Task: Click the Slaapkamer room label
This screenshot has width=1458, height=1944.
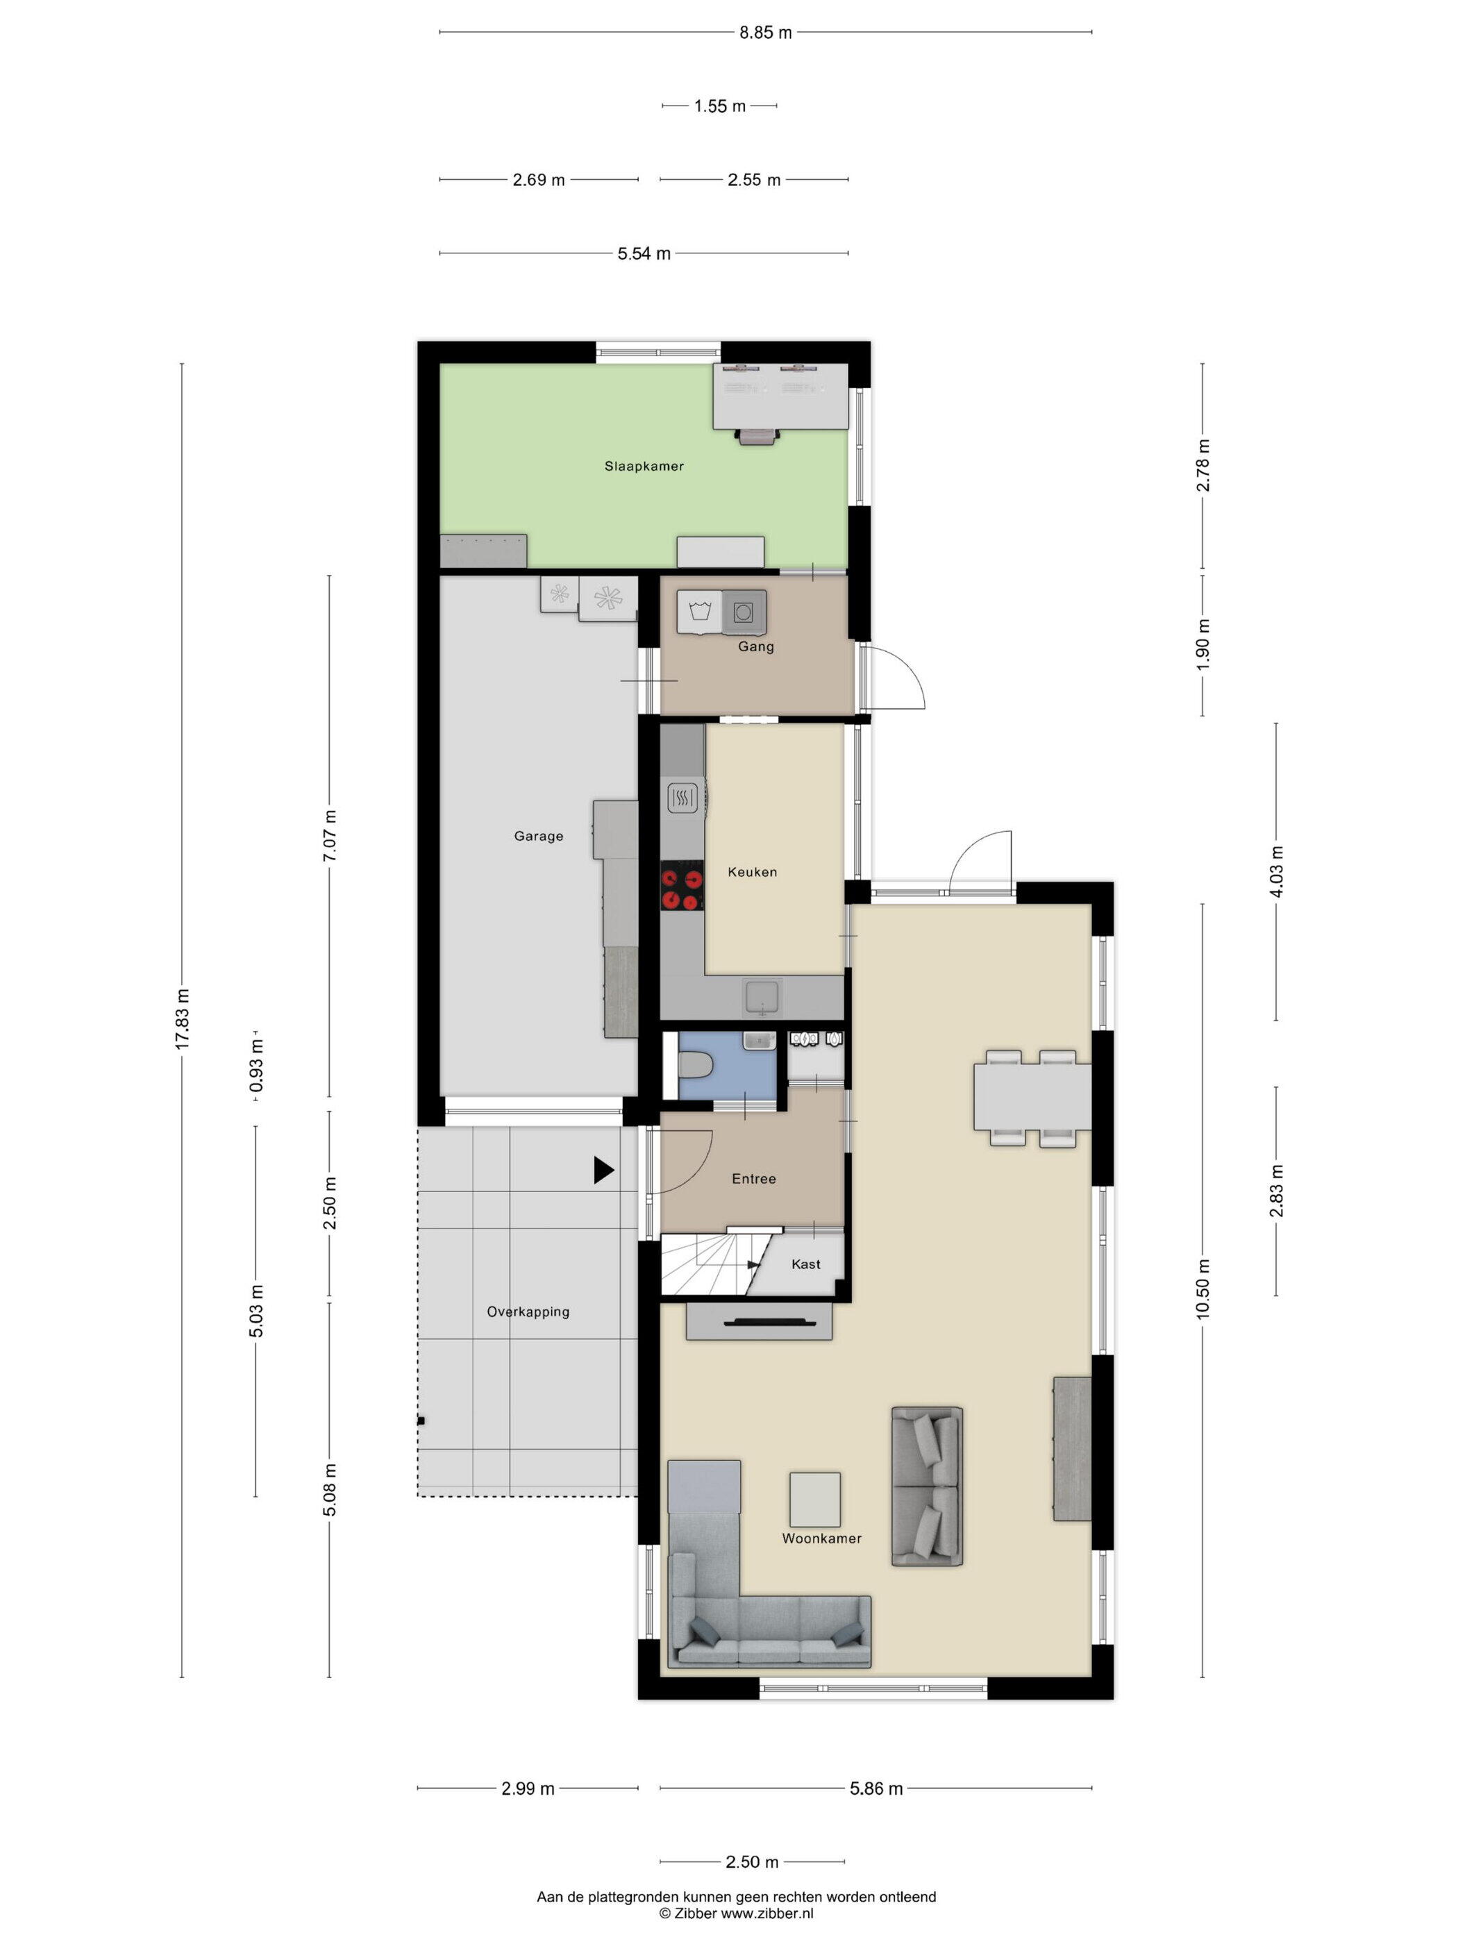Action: (644, 466)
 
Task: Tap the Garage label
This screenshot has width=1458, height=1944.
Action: (539, 836)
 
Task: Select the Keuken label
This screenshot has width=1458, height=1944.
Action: (753, 872)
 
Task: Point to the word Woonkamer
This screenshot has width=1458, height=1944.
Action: (822, 1538)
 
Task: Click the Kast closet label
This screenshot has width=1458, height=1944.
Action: (806, 1264)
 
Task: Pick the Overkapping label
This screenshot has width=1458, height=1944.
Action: (528, 1312)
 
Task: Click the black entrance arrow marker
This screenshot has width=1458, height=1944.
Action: (604, 1170)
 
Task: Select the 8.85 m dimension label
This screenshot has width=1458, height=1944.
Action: (766, 33)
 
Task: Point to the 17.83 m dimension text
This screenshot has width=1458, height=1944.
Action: (182, 1019)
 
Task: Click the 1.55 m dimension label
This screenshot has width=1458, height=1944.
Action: (720, 106)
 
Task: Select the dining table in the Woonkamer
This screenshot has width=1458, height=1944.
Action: (1032, 1097)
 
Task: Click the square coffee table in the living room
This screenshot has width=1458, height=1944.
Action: (814, 1499)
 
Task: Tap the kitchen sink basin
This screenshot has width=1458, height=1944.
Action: (762, 998)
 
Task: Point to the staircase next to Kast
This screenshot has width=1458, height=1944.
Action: (710, 1263)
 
